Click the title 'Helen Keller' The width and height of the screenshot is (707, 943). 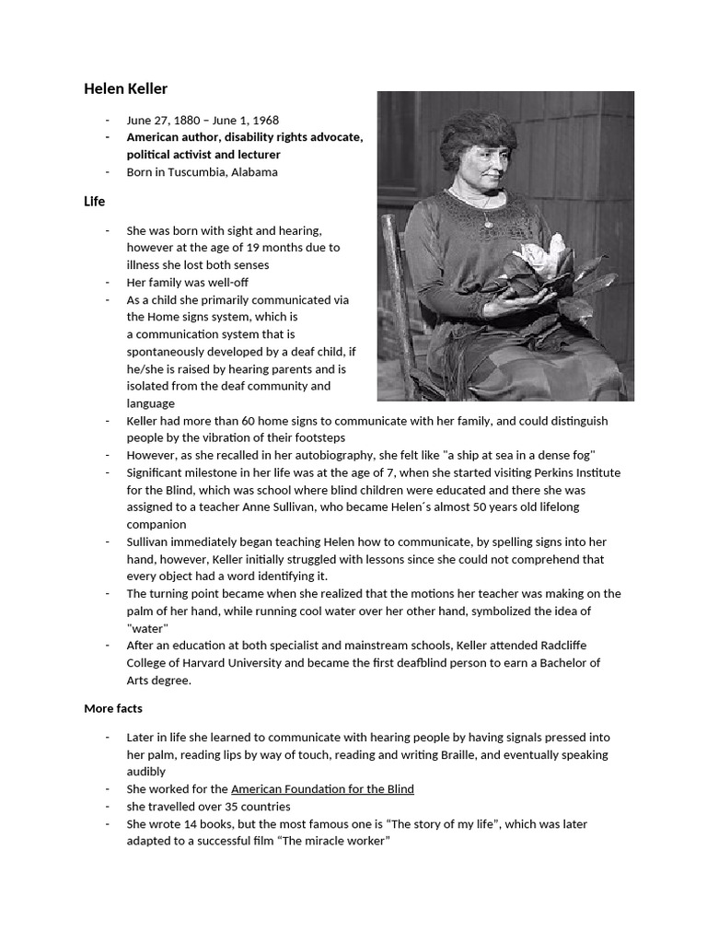coord(126,89)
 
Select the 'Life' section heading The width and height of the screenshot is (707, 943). coord(94,201)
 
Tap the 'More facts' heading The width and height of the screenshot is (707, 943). coord(113,708)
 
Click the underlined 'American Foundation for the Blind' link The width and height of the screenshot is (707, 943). coord(322,789)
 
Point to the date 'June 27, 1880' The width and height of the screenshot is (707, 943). coord(164,120)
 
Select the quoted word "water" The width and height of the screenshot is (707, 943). coord(147,629)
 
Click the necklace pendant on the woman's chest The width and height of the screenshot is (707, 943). coord(486,223)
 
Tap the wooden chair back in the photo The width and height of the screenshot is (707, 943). coord(393,276)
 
